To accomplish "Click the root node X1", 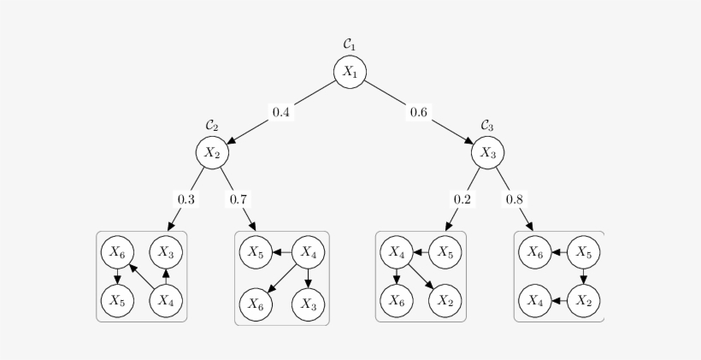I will [350, 73].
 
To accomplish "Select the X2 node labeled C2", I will [212, 153].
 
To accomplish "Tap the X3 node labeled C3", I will [487, 153].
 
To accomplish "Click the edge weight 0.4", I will [281, 113].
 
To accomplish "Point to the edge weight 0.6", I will [419, 113].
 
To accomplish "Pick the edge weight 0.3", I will [186, 199].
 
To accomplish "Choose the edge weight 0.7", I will [239, 199].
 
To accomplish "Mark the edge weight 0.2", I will [462, 199].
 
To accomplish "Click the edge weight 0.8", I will [515, 199].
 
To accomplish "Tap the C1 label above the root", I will [350, 44].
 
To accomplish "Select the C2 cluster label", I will [212, 126].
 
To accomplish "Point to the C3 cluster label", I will [487, 126].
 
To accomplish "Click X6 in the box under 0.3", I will [117, 252].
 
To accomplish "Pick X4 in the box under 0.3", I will [166, 300].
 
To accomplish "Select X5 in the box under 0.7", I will [255, 252].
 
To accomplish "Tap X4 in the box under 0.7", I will [309, 252].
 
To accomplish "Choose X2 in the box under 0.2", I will [445, 300].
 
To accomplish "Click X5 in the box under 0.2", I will [445, 252].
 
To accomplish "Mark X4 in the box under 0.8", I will [535, 300].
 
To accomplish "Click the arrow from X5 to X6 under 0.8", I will [560, 252].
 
